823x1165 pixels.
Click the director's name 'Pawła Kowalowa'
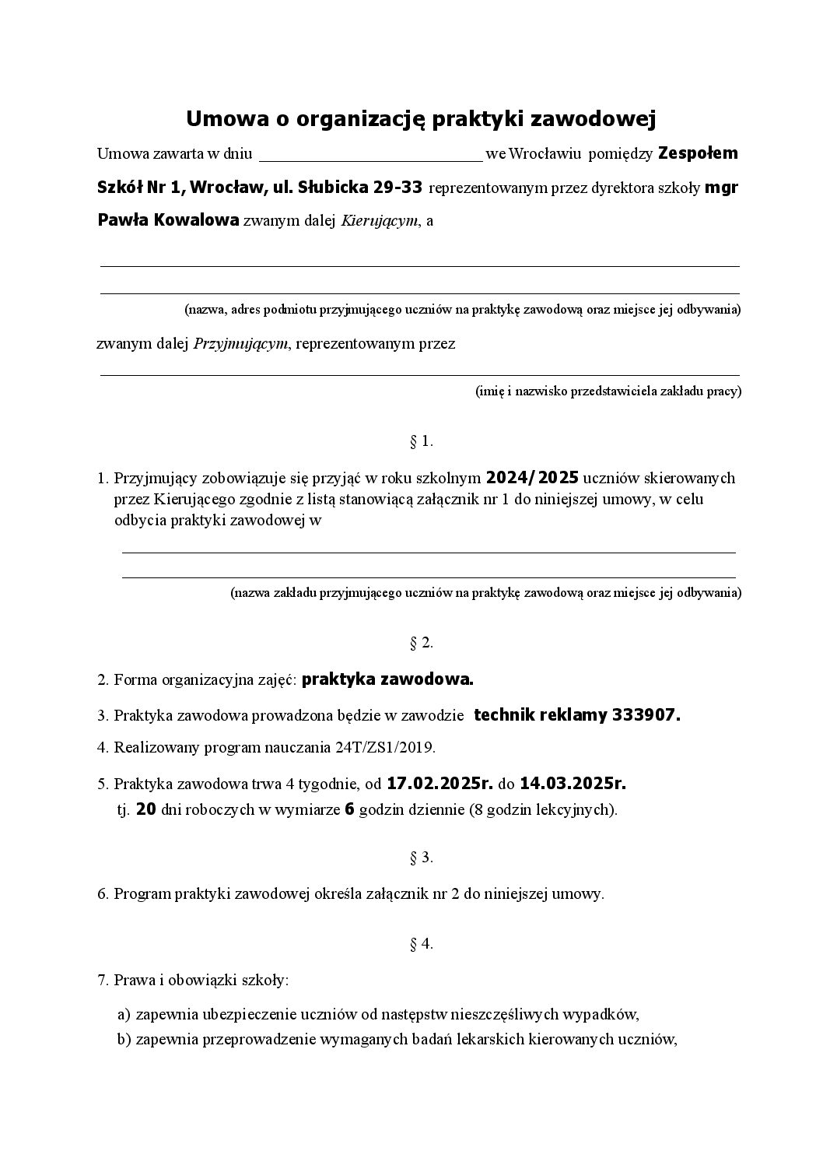tap(168, 220)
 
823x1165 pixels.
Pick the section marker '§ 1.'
tap(421, 442)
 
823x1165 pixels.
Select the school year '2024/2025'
tap(532, 478)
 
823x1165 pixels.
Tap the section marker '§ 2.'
tap(421, 643)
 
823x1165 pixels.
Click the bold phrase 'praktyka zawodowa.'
tap(387, 679)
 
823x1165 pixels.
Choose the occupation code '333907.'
tap(646, 715)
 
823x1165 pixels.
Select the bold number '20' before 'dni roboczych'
tap(145, 809)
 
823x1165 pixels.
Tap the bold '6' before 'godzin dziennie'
tap(349, 809)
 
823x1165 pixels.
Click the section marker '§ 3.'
tap(421, 858)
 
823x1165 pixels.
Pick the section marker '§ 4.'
tap(421, 945)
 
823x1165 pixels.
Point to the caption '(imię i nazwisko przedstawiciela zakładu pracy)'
tap(608, 391)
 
